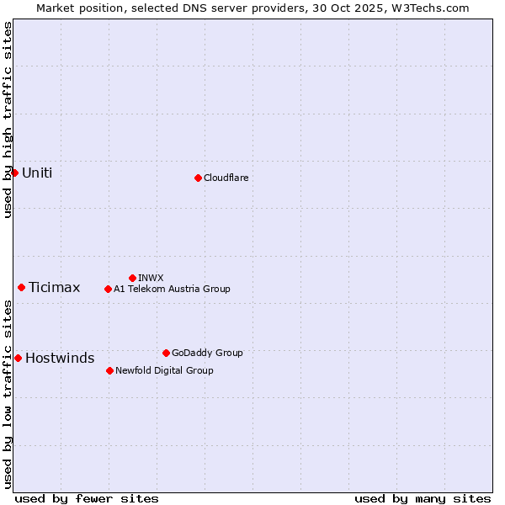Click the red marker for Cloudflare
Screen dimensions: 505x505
[x=198, y=178]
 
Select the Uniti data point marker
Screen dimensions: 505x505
[x=14, y=173]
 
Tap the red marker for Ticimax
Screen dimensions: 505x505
[x=21, y=287]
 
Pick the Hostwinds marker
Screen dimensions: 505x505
[x=18, y=358]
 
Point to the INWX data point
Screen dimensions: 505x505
[x=132, y=278]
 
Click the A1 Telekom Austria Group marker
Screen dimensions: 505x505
[x=108, y=289]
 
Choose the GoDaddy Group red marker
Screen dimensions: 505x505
[x=166, y=353]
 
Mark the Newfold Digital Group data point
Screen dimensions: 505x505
[x=109, y=370]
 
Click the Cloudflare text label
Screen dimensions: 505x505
[x=226, y=178]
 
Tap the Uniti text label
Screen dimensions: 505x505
[x=37, y=173]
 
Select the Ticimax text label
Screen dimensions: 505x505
[x=54, y=287]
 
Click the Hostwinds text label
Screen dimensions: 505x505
[x=60, y=358]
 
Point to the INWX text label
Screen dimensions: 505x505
[x=151, y=278]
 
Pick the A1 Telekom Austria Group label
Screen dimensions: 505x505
[x=172, y=289]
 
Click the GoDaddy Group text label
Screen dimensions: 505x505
[x=207, y=353]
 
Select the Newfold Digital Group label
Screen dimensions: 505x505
[x=164, y=370]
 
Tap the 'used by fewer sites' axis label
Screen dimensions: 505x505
[x=87, y=498]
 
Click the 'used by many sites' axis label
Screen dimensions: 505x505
[x=423, y=498]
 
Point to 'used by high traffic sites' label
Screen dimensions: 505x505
[x=8, y=120]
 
